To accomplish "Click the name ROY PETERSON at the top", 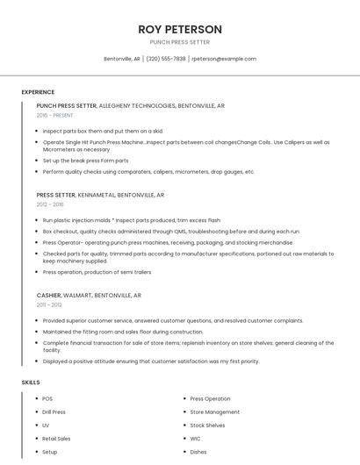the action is (x=180, y=29).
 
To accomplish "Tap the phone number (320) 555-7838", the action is (x=166, y=59).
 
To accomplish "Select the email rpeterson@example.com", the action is (x=224, y=59).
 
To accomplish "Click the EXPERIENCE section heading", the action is (x=38, y=92).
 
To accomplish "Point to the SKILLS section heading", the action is (x=31, y=383).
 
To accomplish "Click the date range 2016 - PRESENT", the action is (x=55, y=115).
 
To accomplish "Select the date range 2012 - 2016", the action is (x=50, y=204).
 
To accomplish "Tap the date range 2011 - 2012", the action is (x=49, y=304).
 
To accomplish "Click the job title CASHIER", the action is (x=49, y=296).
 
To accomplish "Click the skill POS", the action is (x=47, y=398).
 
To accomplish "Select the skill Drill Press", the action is (x=54, y=411).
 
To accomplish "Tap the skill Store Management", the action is (x=215, y=411).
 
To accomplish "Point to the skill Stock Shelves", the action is (x=208, y=425).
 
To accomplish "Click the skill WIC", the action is (x=196, y=438).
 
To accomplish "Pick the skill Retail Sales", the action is (x=56, y=438).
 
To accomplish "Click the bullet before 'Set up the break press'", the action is (x=37, y=161).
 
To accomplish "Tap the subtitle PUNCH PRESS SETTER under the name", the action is (x=180, y=41).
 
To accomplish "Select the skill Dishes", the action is (x=198, y=452).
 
